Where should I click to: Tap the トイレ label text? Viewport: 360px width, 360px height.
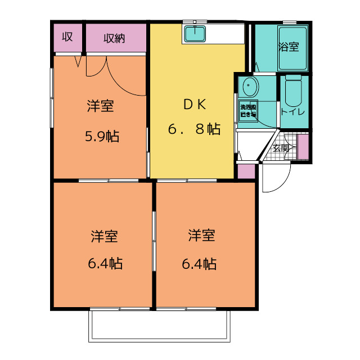point(292,111)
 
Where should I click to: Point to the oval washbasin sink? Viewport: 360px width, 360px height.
point(248,88)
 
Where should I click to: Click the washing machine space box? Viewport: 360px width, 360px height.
point(248,111)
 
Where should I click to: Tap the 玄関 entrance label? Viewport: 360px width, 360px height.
point(281,148)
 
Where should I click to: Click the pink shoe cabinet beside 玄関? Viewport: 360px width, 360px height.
point(303,146)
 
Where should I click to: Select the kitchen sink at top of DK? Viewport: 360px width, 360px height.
point(195,34)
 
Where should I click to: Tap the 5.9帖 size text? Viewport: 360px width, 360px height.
point(101,136)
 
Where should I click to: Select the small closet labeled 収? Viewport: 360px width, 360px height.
point(67,38)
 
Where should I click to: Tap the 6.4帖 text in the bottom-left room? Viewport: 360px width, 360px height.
point(104,263)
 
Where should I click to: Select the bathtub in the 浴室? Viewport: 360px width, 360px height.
point(290,48)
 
